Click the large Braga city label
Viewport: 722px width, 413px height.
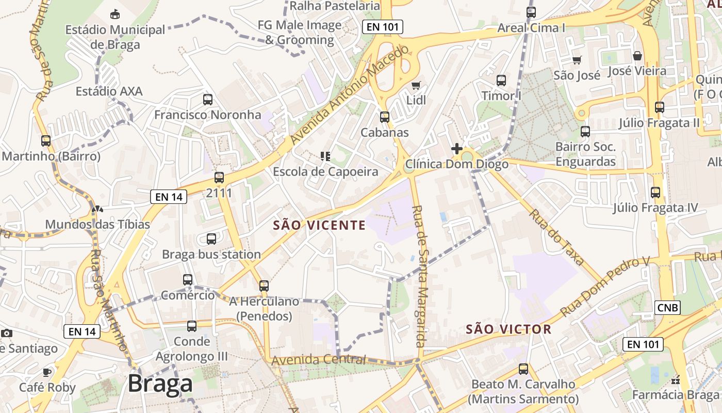tap(160, 384)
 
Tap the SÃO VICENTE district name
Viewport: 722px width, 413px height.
tap(319, 225)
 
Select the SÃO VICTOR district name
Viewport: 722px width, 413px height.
tap(508, 329)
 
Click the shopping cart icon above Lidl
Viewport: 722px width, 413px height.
tap(416, 85)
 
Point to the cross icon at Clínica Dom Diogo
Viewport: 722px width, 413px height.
tap(456, 149)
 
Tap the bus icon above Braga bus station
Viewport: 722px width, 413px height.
tap(211, 239)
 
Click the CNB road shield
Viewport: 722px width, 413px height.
tap(668, 308)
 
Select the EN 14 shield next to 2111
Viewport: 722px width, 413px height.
tap(169, 196)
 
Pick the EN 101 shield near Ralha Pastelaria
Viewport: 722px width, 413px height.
tap(382, 27)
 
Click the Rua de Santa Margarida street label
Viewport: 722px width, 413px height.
tap(420, 276)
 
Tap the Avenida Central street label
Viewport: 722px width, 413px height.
tap(319, 360)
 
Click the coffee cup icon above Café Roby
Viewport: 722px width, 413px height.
tap(47, 372)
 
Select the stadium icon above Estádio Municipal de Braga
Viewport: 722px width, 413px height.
tap(115, 14)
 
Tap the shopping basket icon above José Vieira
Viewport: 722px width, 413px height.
tap(637, 56)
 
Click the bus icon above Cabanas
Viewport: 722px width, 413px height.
tap(384, 117)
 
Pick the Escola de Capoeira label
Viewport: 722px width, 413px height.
tap(325, 171)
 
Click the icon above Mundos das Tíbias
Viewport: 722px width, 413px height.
tap(97, 209)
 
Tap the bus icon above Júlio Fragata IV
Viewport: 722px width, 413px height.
tap(655, 192)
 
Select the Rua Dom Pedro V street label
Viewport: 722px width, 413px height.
tap(604, 287)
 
